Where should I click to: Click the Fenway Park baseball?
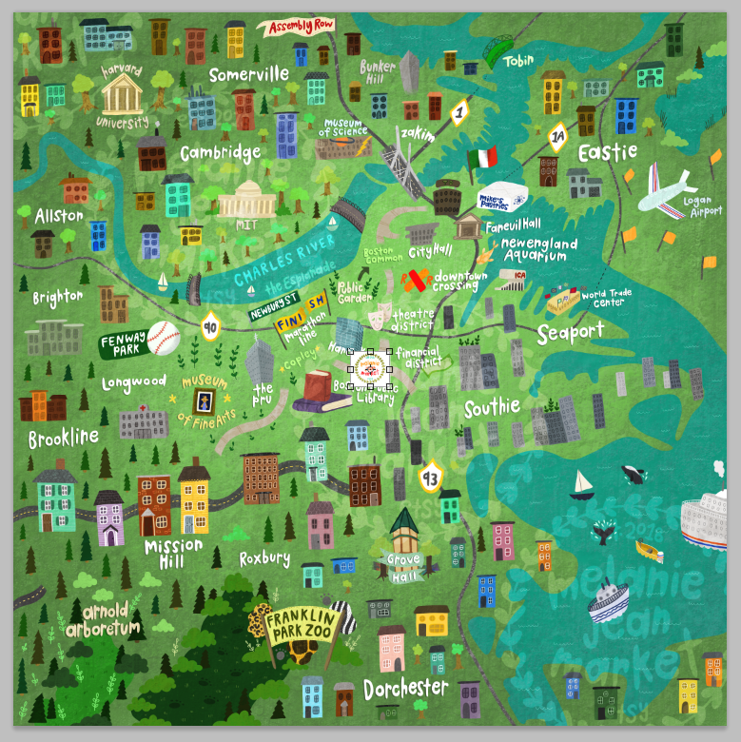click(164, 338)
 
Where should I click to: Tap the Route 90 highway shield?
click(210, 328)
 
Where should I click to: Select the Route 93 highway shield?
click(430, 478)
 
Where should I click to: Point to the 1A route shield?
click(558, 138)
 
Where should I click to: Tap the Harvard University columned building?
click(122, 92)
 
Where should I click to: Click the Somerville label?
click(248, 74)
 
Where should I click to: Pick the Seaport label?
click(570, 332)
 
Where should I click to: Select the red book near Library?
click(319, 388)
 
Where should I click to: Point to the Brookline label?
click(64, 439)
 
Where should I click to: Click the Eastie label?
click(606, 152)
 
